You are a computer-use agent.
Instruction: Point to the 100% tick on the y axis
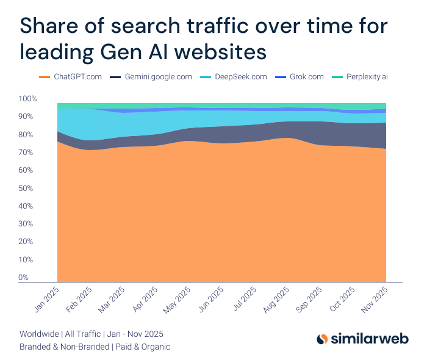pos(28,99)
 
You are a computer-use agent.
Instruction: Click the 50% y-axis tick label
pos(28,188)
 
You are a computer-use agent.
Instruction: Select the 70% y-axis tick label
pos(28,153)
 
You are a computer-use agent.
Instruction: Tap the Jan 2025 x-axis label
pos(46,300)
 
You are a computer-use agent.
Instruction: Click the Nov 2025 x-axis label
pos(376,300)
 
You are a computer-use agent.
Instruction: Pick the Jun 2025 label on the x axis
pos(211,300)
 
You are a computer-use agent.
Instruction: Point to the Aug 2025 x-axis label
pos(277,300)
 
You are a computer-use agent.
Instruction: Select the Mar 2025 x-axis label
pos(112,300)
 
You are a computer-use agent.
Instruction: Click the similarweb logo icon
pos(323,339)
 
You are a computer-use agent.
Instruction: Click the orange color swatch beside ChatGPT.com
pos(44,77)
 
